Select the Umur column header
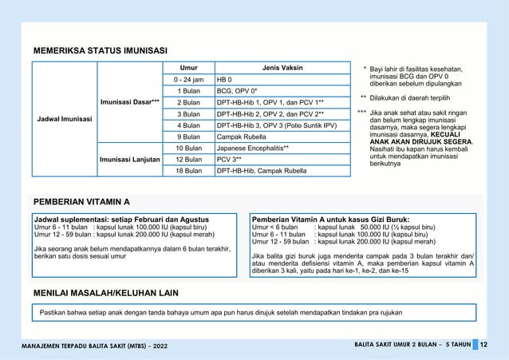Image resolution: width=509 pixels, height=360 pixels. click(188, 68)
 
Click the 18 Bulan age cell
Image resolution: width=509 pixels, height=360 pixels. click(188, 170)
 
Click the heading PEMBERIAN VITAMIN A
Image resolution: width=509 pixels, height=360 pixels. click(82, 201)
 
